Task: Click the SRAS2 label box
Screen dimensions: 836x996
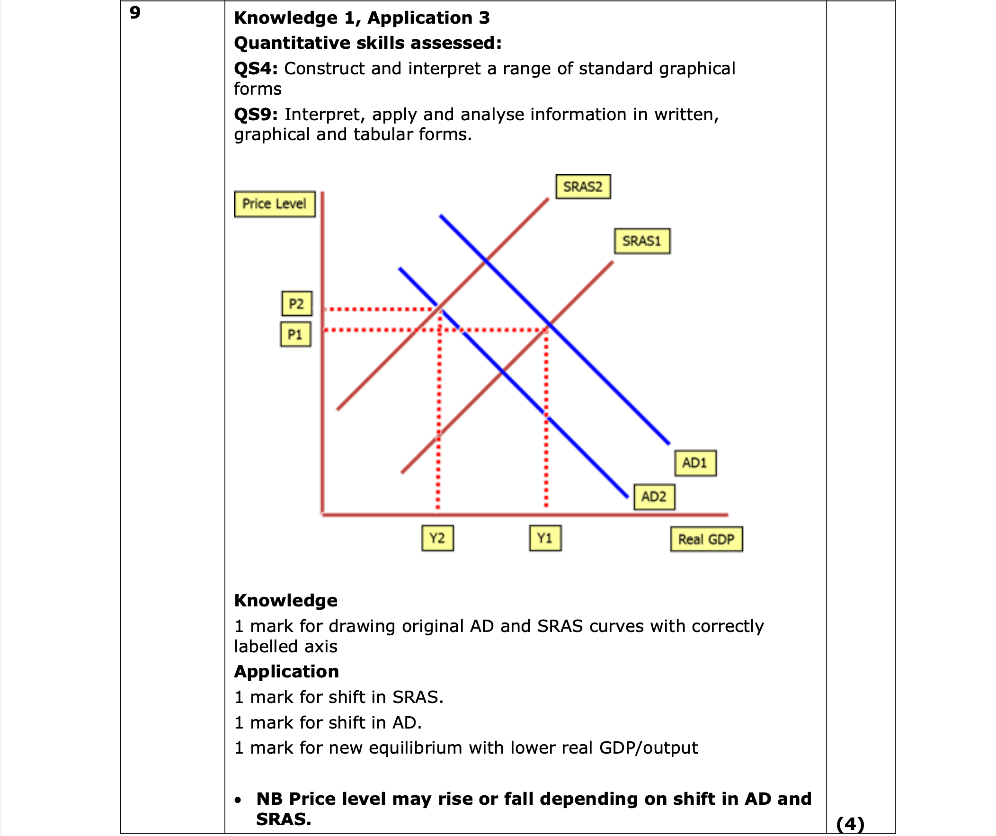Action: [x=582, y=187]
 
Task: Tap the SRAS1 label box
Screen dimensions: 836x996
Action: [x=642, y=241]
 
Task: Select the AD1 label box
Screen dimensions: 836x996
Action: [x=695, y=463]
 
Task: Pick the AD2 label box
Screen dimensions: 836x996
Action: [x=654, y=497]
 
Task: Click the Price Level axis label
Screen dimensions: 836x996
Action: [x=274, y=204]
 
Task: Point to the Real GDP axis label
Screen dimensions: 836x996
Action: [x=706, y=539]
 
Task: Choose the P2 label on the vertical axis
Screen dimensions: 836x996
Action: [x=296, y=303]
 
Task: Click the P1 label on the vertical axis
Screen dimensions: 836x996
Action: [x=295, y=334]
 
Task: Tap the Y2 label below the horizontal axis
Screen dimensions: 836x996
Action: [x=437, y=538]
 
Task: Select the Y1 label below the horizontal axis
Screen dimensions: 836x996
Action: [x=545, y=538]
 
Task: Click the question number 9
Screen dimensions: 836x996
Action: [x=135, y=13]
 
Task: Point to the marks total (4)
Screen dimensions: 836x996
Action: [x=850, y=824]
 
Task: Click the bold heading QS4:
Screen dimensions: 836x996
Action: [x=256, y=69]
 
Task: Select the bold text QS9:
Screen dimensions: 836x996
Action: [x=256, y=115]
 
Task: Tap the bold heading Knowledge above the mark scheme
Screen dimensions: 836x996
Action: [x=285, y=601]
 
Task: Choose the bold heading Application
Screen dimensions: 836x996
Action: [x=286, y=672]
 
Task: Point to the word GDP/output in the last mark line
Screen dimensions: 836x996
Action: [x=649, y=748]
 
